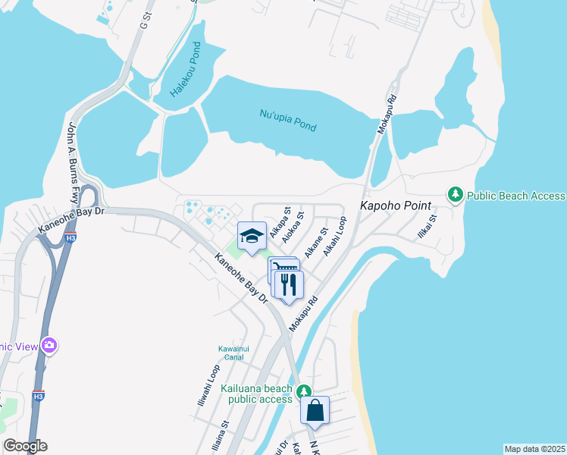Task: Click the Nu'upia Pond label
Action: point(288,121)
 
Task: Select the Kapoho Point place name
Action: point(395,206)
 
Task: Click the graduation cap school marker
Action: point(252,236)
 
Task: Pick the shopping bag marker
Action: point(315,411)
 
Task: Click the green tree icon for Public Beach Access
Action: point(456,195)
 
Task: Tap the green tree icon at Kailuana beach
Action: point(303,391)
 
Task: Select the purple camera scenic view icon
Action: point(50,346)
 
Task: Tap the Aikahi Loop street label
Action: point(334,236)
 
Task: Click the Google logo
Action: point(25,446)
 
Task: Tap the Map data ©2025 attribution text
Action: point(534,449)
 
